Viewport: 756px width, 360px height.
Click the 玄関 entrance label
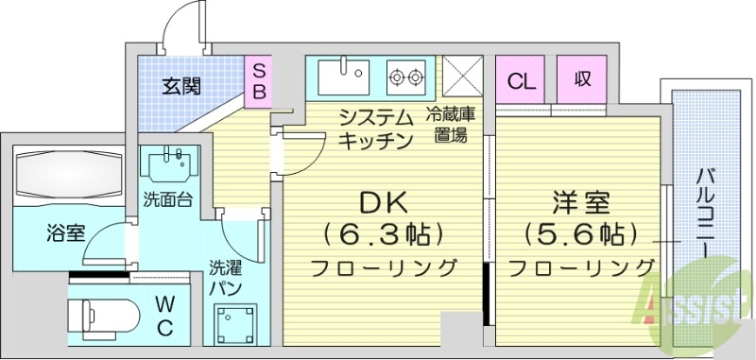click(x=180, y=87)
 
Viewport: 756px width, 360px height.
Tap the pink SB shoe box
click(x=258, y=80)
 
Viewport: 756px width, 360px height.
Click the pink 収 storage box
click(x=581, y=78)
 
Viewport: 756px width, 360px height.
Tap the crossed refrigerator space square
click(x=463, y=76)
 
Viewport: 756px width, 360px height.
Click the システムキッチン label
click(x=376, y=130)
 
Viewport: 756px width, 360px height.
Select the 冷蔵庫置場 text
click(x=450, y=125)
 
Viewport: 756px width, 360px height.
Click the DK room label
click(x=382, y=202)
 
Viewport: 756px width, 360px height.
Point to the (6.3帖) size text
click(x=382, y=232)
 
